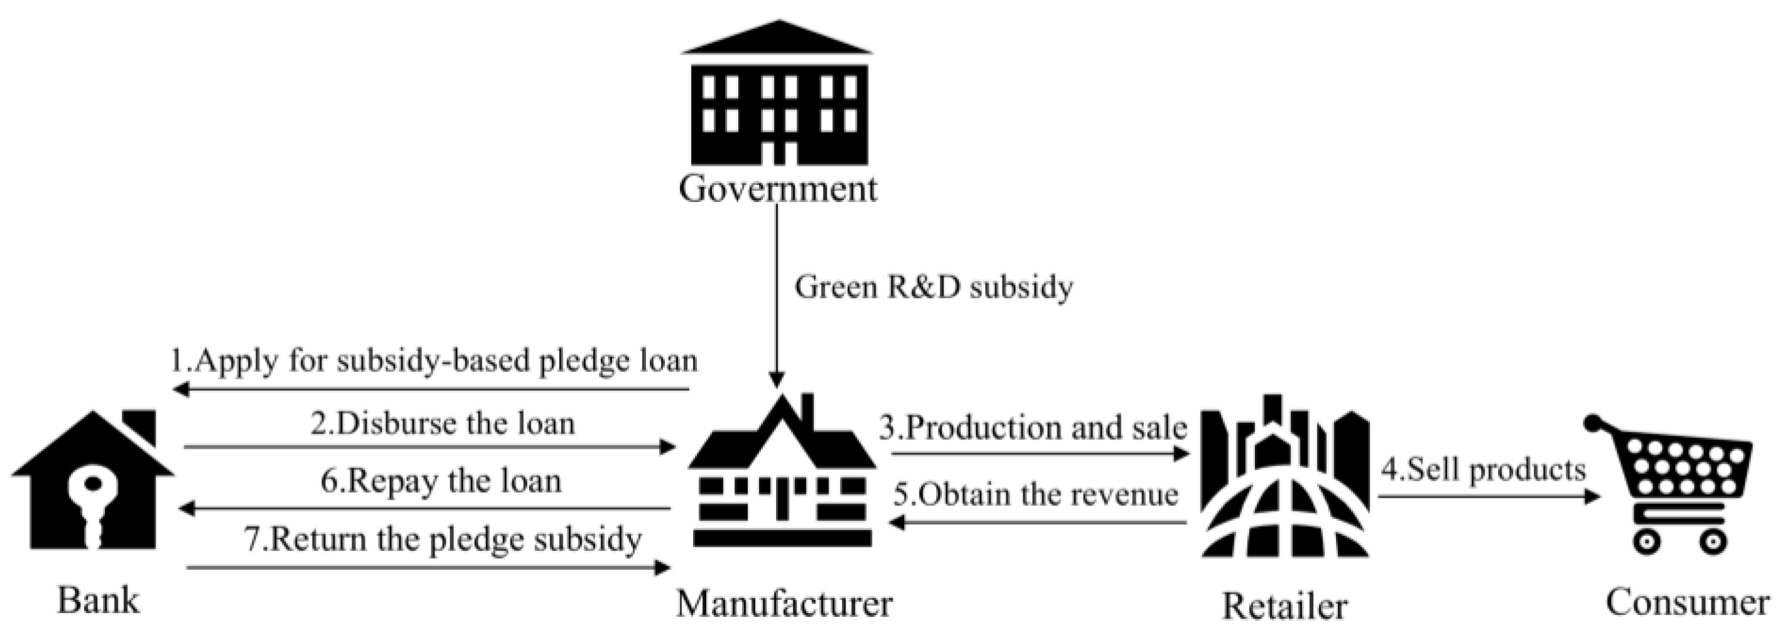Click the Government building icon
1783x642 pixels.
coord(778,97)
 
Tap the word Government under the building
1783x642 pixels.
coord(778,189)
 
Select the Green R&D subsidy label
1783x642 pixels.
coord(933,287)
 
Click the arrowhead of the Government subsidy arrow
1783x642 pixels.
coord(777,380)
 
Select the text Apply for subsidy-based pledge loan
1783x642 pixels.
coord(434,361)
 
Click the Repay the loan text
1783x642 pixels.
coord(441,481)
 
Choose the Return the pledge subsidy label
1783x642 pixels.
coord(443,539)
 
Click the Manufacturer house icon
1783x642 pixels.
coord(783,478)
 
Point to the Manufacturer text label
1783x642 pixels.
coord(784,602)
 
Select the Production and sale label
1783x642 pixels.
coord(1033,428)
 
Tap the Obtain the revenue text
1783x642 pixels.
coord(1035,494)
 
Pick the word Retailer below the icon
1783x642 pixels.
coord(1285,606)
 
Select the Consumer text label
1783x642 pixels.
coord(1688,602)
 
